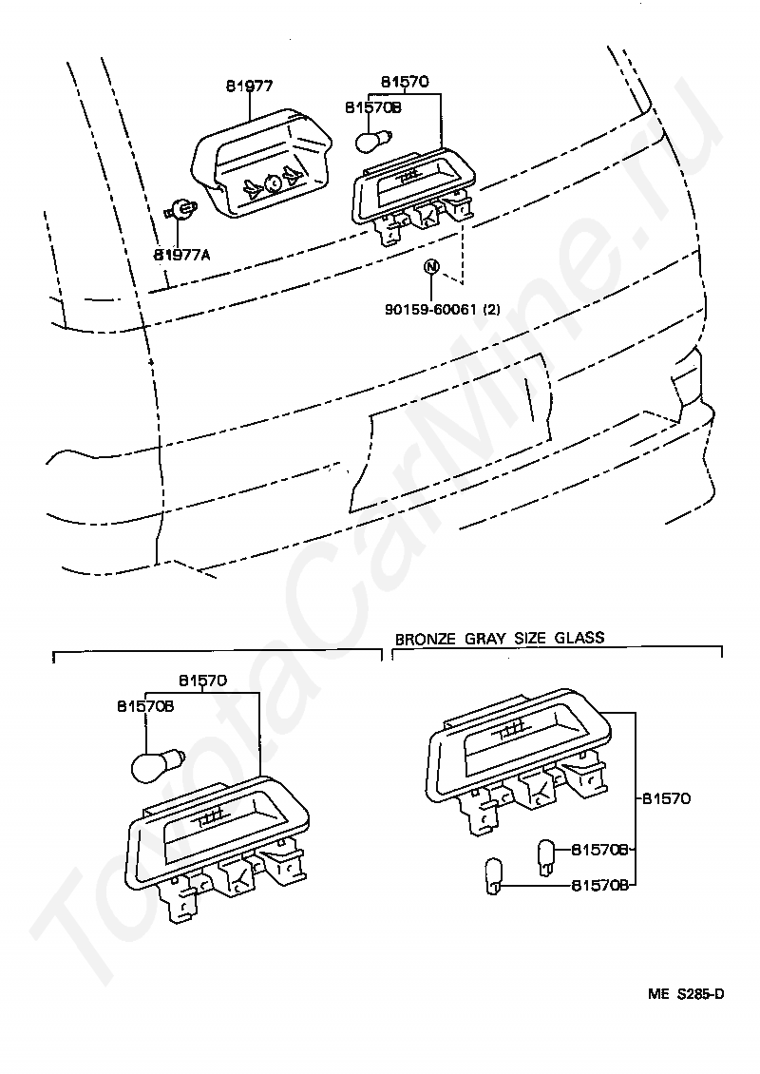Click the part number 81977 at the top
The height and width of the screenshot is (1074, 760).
249,86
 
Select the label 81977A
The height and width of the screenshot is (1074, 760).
181,255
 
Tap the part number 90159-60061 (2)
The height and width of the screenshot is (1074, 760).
443,309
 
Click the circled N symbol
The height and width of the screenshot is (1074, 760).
431,267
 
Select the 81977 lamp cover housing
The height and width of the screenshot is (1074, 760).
263,163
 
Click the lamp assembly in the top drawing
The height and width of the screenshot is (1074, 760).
413,196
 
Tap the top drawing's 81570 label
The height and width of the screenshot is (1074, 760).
405,82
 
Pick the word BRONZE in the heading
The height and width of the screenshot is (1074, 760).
426,639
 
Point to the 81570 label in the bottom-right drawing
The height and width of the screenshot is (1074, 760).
666,798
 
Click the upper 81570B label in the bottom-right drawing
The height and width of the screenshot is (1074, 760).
599,850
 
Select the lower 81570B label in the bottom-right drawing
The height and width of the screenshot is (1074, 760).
599,885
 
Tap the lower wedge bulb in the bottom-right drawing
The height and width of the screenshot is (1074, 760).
494,876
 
